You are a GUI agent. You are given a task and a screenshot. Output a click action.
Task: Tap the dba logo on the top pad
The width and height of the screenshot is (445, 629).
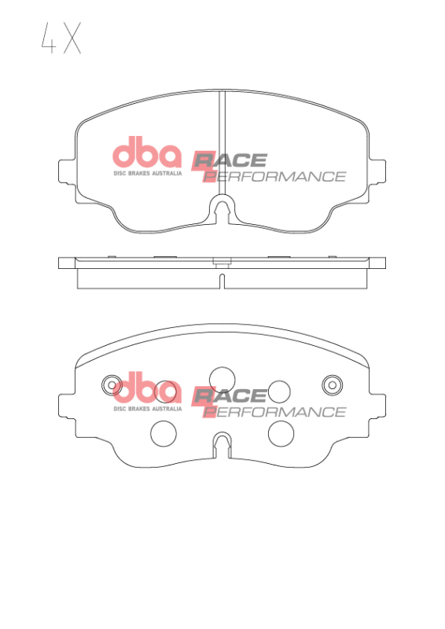pos(147,154)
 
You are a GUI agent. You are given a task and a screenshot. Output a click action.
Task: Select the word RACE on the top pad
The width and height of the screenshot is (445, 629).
pos(234,160)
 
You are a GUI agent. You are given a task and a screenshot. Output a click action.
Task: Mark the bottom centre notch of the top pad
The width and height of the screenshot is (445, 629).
pos(222,210)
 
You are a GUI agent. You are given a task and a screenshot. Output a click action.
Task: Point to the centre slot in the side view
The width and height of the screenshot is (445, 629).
pos(222,281)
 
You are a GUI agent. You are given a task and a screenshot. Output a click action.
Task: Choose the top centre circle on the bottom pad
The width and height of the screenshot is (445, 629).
pos(222,378)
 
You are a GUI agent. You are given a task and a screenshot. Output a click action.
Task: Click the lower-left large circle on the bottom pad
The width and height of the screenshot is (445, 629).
pos(163,432)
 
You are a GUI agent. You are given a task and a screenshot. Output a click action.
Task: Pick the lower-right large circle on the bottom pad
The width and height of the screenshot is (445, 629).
pos(281,432)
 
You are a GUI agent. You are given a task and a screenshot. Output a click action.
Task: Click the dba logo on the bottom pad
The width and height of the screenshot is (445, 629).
pos(147,390)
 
